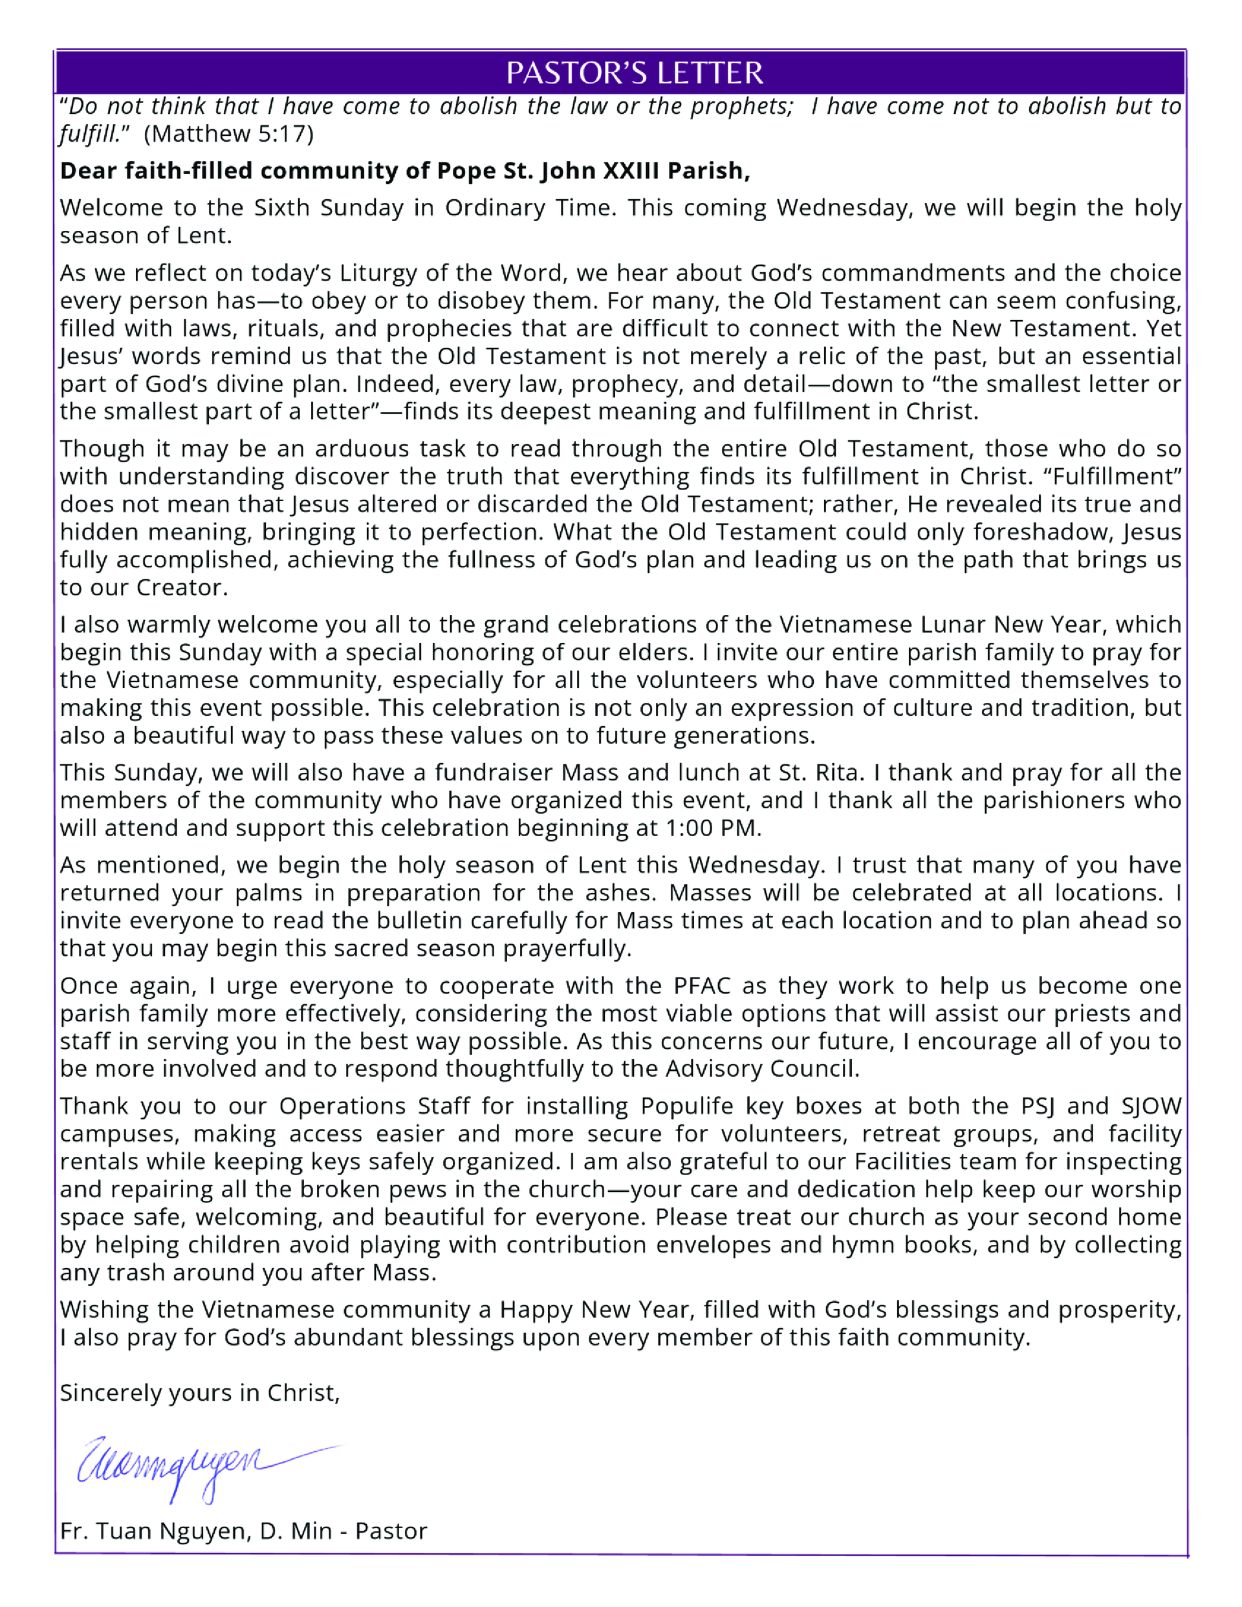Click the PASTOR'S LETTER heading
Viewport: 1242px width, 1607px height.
point(634,73)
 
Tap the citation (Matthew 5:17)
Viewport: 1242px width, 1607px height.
point(228,134)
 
